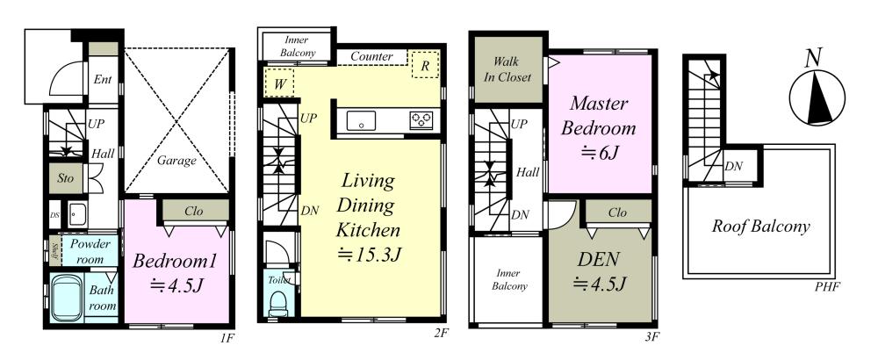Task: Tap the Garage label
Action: point(176,162)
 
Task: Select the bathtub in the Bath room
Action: point(68,298)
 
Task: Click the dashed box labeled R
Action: point(425,64)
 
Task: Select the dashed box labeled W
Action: point(279,83)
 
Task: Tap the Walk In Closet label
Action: point(507,69)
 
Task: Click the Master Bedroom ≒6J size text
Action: point(599,153)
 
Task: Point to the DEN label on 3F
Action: point(598,259)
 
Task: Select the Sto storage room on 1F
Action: point(66,180)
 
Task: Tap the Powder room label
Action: point(90,252)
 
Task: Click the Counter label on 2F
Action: point(371,57)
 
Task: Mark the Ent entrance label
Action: point(103,80)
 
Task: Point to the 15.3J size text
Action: point(370,255)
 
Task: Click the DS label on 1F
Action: point(54,215)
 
